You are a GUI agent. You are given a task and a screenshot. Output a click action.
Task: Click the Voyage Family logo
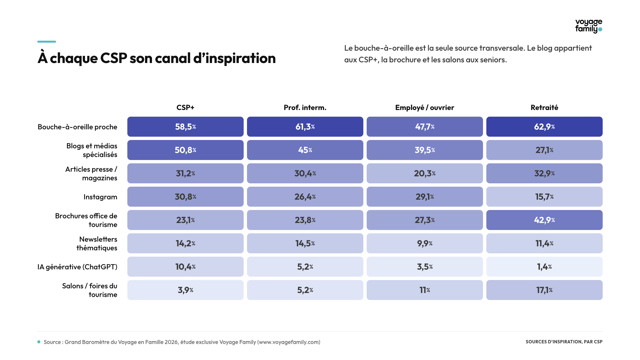coord(589,26)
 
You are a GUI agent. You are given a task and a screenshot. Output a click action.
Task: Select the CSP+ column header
coord(185,107)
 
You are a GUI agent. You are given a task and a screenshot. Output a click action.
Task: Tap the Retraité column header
coord(544,107)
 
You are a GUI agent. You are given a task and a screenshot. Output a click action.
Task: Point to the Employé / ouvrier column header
coord(425,107)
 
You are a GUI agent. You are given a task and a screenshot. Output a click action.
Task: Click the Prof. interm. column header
coord(305,107)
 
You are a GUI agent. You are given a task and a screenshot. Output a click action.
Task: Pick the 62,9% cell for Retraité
coord(544,127)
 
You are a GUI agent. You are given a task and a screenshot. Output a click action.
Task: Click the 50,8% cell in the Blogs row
coord(185,150)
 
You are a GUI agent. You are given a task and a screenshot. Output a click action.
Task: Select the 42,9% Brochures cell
coord(544,220)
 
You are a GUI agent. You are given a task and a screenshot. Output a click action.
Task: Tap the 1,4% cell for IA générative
coord(544,267)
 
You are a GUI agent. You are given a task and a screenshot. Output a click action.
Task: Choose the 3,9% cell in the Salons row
coord(185,290)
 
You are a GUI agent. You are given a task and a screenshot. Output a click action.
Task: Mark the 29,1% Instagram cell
coord(425,197)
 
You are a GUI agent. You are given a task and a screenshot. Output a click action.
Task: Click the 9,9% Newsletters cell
coord(425,243)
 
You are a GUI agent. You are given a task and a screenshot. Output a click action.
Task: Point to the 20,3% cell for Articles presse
coord(425,173)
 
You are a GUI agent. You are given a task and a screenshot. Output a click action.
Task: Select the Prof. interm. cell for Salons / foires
coord(305,290)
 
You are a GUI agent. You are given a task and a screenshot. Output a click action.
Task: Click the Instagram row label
coord(100,197)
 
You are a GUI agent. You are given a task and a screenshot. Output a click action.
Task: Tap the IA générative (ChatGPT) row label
coord(77,267)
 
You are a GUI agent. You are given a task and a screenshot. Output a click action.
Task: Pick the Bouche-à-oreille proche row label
coord(77,127)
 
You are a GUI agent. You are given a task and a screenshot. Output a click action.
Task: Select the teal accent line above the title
coord(47,42)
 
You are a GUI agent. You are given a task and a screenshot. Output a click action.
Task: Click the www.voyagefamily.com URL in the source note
coord(289,342)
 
